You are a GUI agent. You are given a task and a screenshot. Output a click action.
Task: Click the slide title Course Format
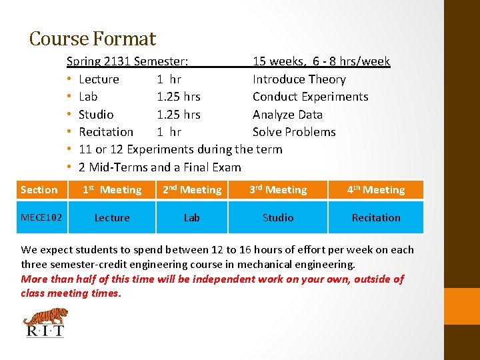coord(92,39)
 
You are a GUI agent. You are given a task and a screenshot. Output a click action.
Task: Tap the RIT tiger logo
coord(45,322)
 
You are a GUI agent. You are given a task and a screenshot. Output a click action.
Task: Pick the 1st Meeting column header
coord(112,190)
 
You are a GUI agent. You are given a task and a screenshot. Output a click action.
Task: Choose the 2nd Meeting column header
coord(192,190)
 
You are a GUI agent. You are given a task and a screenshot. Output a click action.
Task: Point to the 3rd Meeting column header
coord(278,190)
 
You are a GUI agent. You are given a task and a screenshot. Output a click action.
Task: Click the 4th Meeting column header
coord(376,190)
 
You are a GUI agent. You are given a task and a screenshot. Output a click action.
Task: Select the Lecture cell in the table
coord(112,217)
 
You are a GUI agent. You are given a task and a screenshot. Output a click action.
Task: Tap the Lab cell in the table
coord(192,217)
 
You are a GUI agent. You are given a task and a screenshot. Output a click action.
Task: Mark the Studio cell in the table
coord(278,217)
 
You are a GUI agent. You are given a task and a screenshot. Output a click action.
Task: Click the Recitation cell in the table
coord(376,217)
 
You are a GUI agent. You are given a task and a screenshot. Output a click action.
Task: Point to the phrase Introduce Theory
coord(299,79)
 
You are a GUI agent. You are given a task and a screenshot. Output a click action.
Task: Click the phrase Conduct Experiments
coord(310,97)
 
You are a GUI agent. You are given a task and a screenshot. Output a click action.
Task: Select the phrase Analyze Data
coord(287,115)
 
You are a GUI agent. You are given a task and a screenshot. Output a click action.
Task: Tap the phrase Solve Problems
coord(294,132)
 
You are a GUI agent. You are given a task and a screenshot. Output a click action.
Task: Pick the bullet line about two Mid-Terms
coord(159,167)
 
